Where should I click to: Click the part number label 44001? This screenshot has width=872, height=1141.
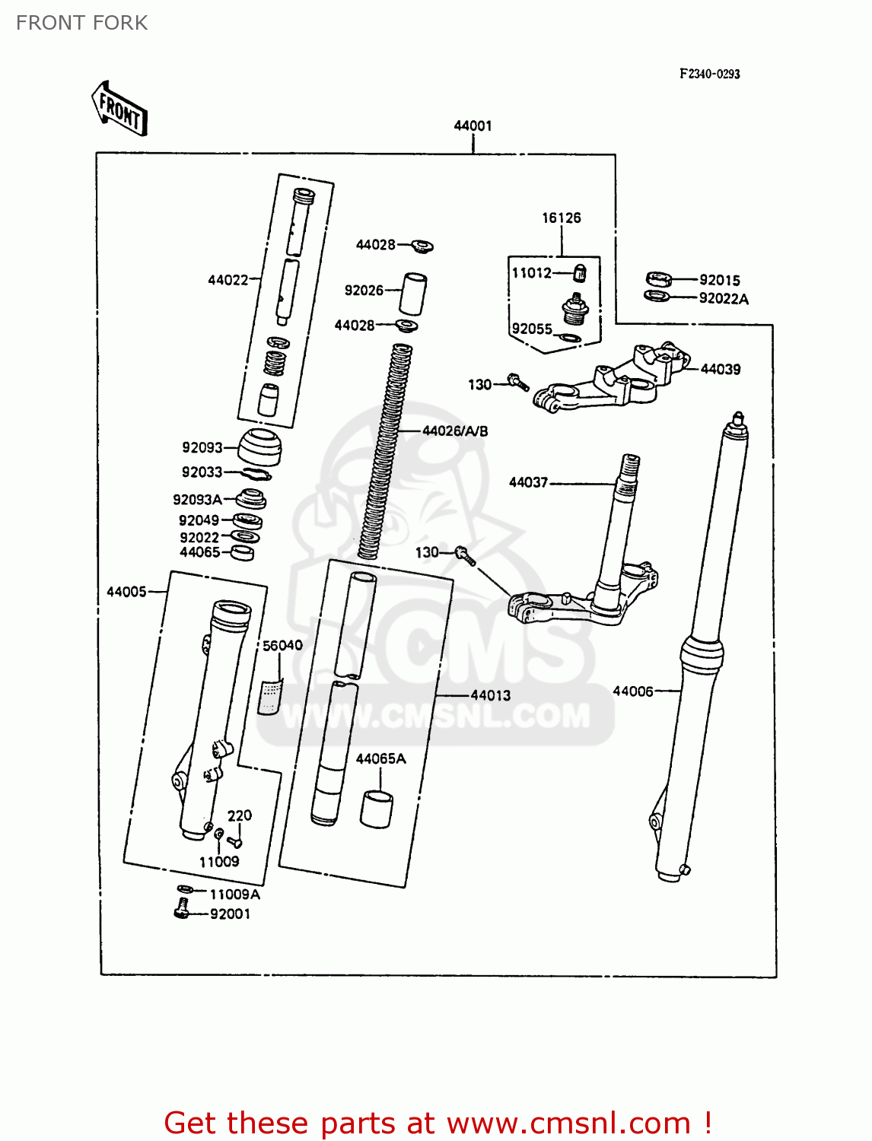[x=473, y=126]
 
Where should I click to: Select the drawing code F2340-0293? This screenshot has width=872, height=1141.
[x=709, y=74]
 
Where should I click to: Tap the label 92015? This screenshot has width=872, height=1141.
[x=719, y=280]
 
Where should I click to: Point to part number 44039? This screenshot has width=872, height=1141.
[x=720, y=369]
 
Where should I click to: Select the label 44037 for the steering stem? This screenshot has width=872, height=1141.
[x=528, y=482]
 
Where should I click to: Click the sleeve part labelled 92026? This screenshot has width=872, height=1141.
[x=413, y=293]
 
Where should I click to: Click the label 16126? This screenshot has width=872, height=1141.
[x=561, y=218]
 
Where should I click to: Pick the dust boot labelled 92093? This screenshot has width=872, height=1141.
[x=259, y=447]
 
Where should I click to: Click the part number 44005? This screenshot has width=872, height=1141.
[x=126, y=591]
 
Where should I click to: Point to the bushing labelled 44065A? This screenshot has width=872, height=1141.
[x=377, y=809]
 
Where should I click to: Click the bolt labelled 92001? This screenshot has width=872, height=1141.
[x=181, y=907]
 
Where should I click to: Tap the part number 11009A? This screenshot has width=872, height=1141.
[x=234, y=895]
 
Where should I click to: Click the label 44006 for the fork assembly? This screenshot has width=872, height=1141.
[x=632, y=691]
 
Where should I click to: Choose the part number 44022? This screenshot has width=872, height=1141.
[x=228, y=280]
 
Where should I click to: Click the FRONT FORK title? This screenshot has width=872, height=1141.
[x=81, y=23]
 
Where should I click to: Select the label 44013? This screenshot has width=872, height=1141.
[x=490, y=695]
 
